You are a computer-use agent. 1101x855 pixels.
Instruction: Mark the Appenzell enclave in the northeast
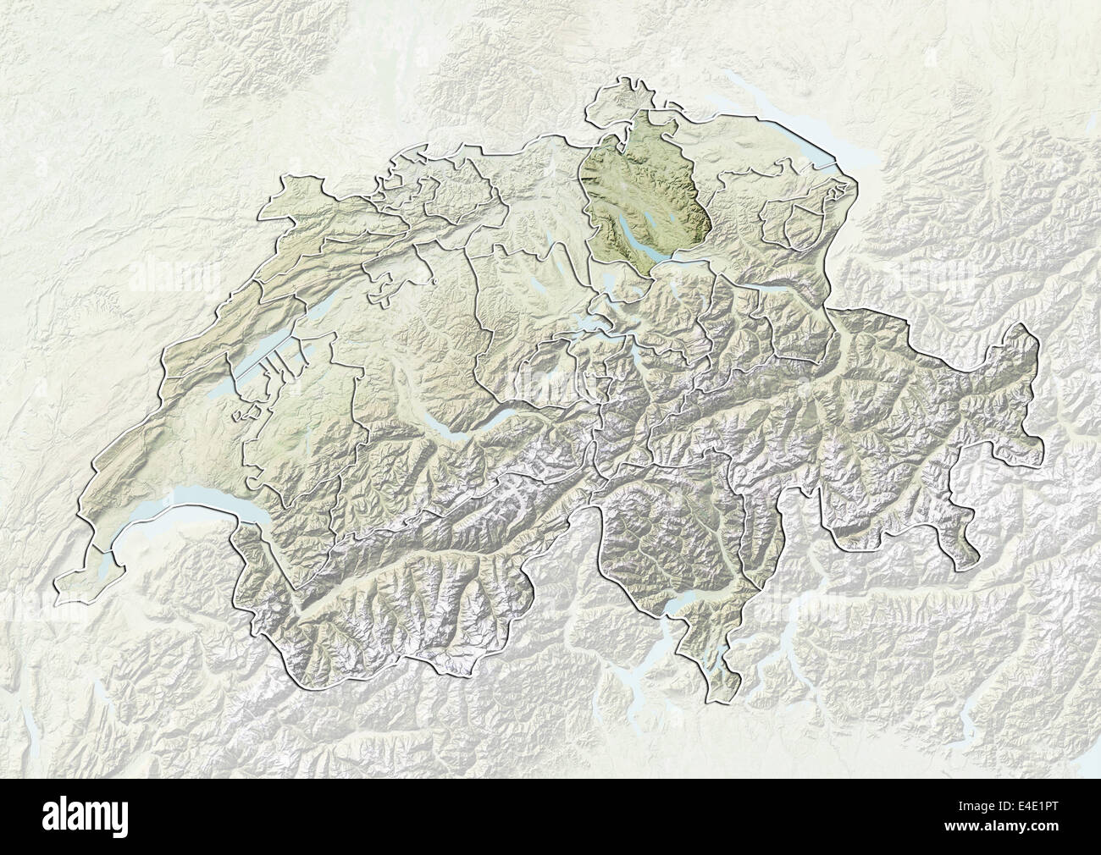pos(792,220)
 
